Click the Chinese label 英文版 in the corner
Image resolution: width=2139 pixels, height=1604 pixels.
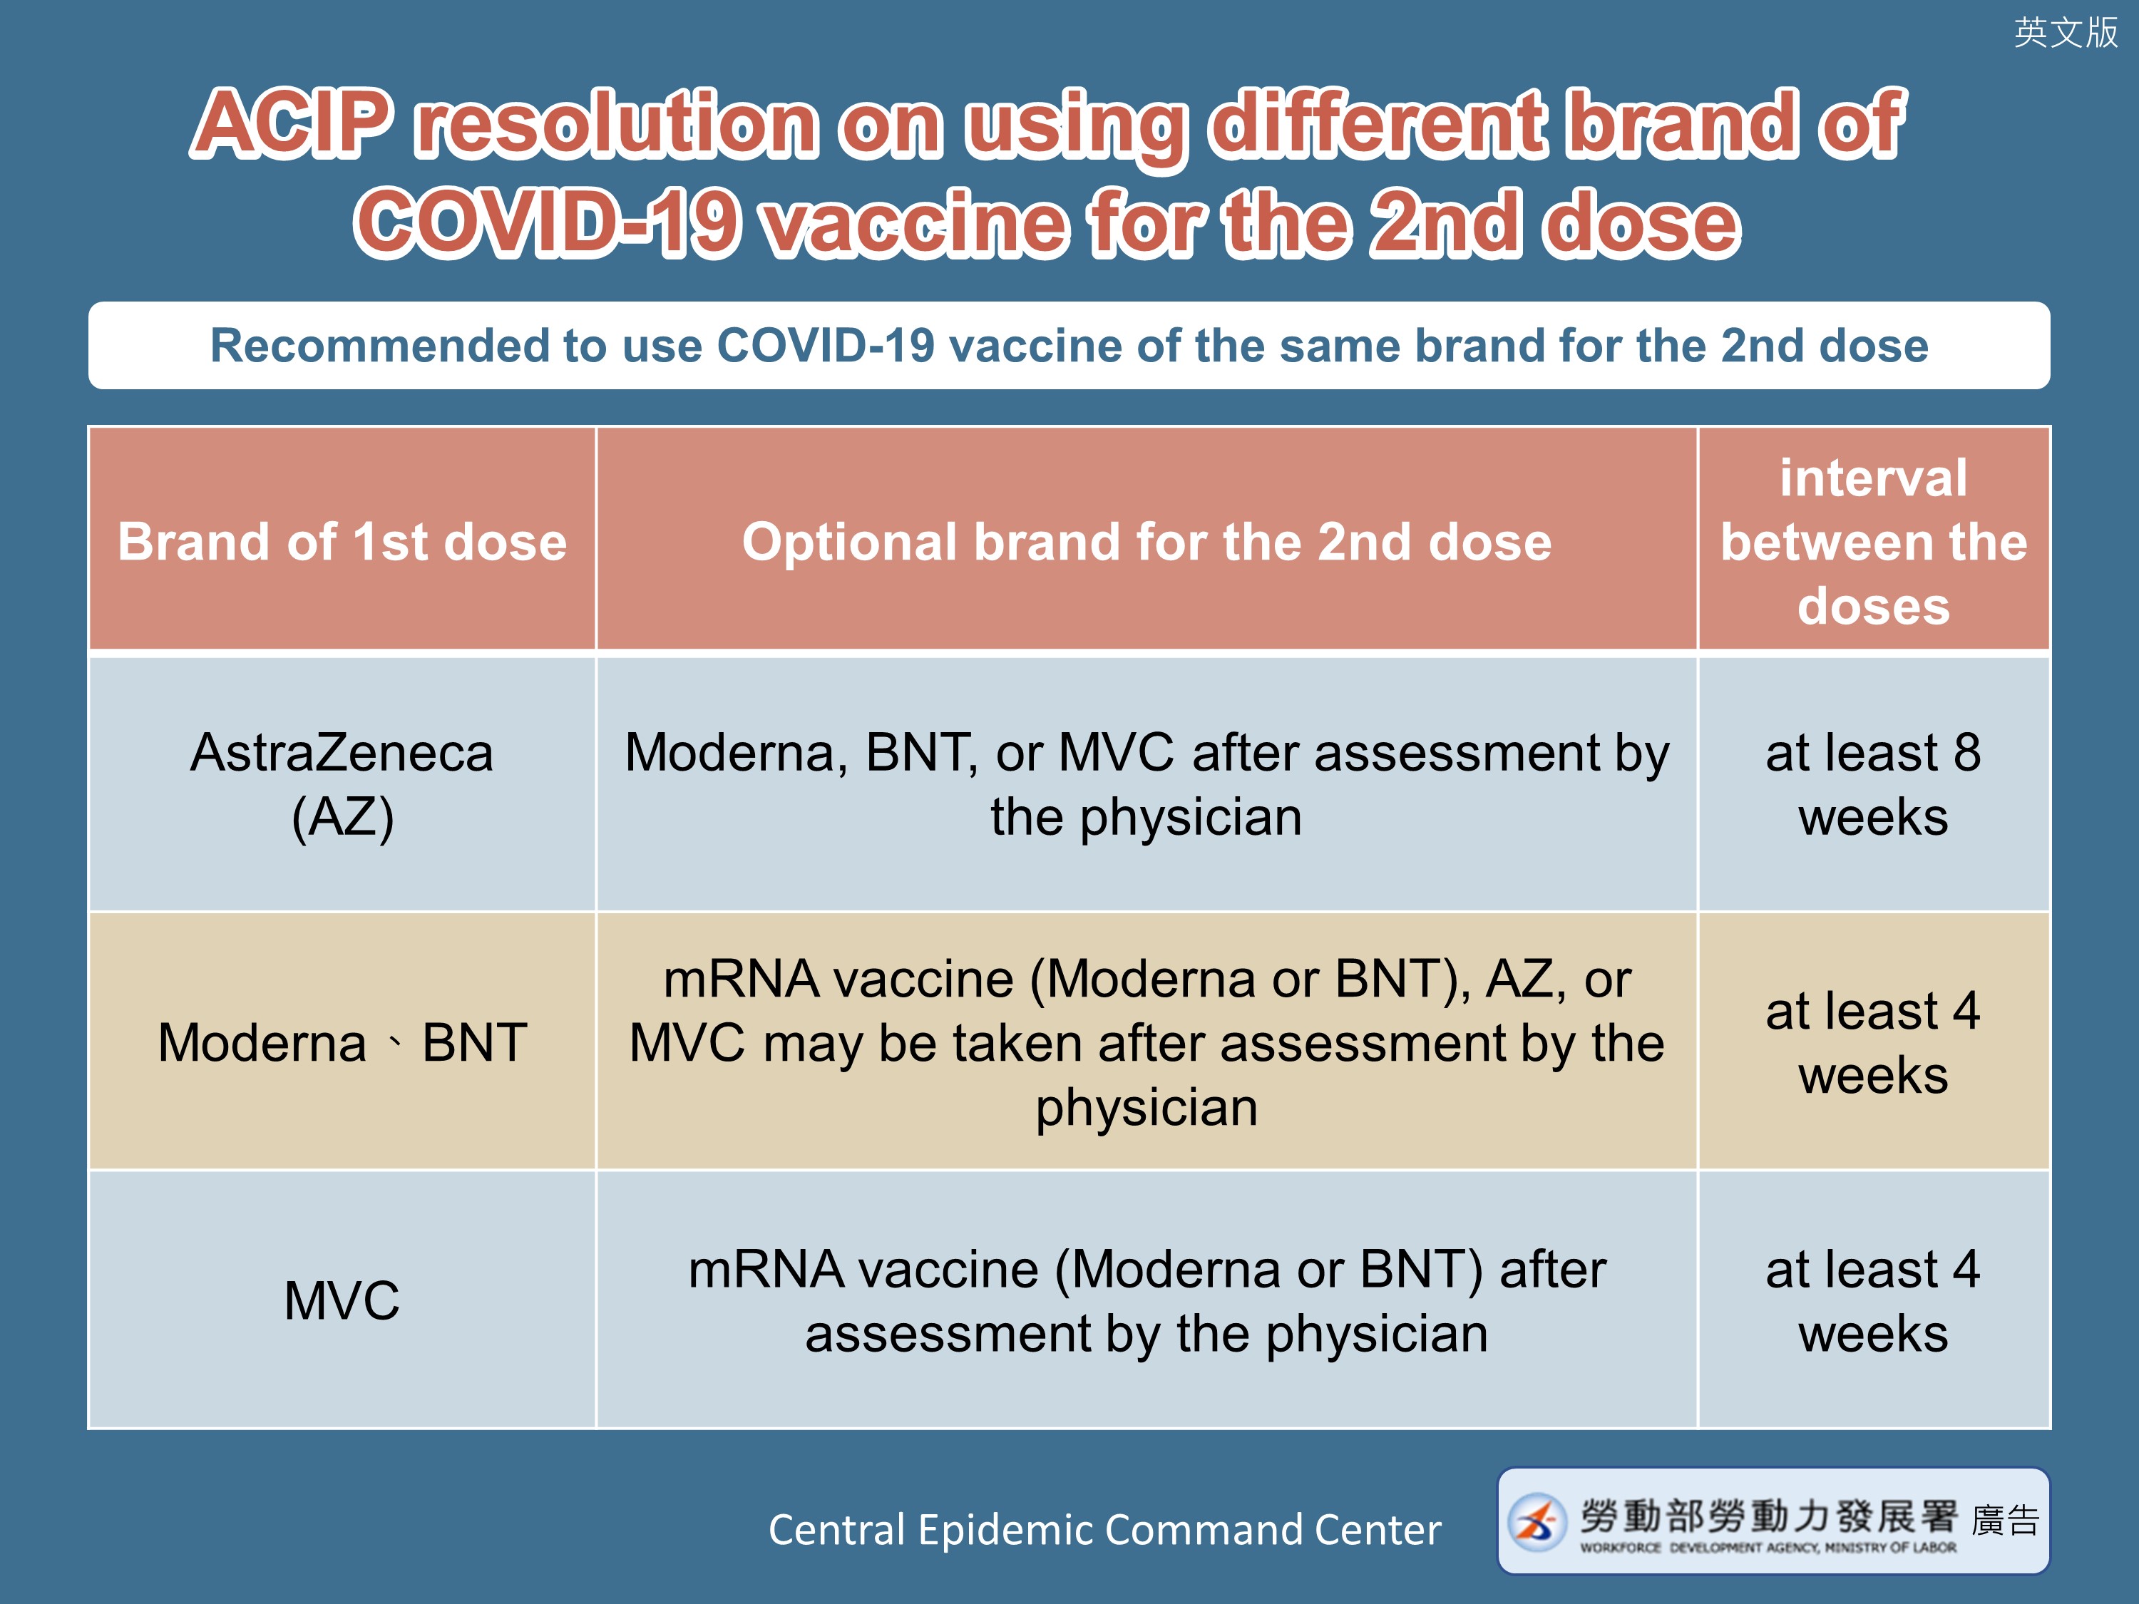[2066, 32]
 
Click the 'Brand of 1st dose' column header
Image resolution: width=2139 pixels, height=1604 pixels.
[342, 540]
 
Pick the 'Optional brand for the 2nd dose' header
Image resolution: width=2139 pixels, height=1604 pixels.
[1147, 540]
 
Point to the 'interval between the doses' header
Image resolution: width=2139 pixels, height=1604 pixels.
[1874, 540]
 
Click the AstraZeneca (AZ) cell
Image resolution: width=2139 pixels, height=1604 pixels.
[342, 784]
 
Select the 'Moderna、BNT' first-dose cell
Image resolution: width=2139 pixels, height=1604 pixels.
[342, 1042]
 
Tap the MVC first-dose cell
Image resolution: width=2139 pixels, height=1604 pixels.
[342, 1300]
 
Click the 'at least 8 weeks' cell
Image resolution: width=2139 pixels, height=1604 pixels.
[1874, 784]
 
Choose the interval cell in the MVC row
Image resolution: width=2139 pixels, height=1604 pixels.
[1874, 1300]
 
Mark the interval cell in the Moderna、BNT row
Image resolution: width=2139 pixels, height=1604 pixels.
[1874, 1042]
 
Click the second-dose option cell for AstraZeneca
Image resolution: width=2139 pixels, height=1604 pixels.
[1147, 784]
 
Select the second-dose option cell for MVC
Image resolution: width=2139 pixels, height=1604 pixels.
[1147, 1300]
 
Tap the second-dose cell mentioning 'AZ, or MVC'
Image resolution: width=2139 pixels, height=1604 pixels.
[1147, 1042]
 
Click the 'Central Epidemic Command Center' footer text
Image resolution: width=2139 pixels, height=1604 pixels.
[1104, 1530]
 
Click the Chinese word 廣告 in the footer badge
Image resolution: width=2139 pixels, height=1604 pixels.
[2006, 1520]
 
